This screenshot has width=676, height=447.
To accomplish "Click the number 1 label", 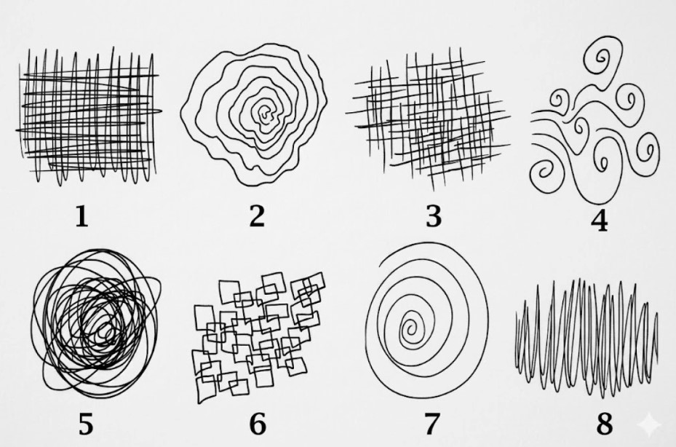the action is (82, 216).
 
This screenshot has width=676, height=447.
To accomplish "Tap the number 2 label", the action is (257, 216).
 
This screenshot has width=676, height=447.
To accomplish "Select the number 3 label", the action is (434, 217).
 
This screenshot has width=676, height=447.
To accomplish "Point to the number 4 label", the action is (600, 221).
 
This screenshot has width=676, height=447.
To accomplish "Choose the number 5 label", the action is (86, 424).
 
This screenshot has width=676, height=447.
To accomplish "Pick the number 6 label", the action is (258, 424).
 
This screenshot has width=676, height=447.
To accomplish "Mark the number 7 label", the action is (432, 424).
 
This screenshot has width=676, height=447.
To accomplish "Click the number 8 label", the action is (604, 424).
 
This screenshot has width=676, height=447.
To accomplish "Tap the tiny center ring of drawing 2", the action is (264, 113).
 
